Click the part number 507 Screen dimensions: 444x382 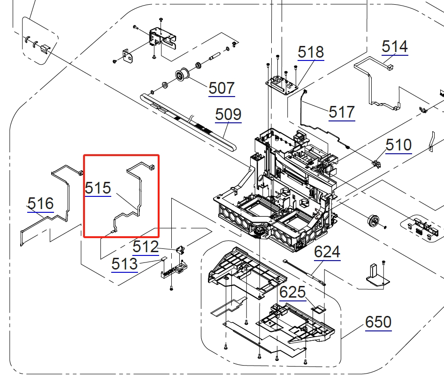tap(222, 88)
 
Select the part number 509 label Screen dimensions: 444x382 tap(228, 114)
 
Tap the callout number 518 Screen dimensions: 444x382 tap(311, 52)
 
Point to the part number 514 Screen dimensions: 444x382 tap(395, 47)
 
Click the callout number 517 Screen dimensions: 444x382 tap(342, 112)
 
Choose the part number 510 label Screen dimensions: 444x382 tap(398, 145)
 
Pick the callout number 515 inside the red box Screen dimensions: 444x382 tap(98, 188)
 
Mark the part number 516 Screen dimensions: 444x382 tap(40, 204)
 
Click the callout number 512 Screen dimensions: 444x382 tap(145, 247)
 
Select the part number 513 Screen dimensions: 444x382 tap(124, 264)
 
